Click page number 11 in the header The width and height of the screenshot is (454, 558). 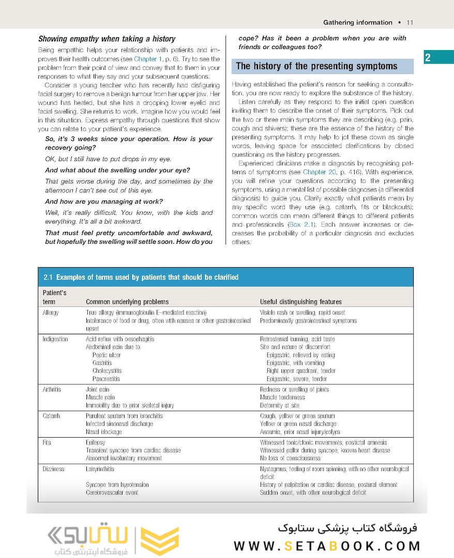point(410,23)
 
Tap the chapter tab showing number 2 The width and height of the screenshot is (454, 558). point(428,58)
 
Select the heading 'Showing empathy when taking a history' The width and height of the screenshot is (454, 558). point(107,39)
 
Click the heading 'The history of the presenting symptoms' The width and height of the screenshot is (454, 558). point(316,66)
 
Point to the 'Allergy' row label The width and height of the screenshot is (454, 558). point(51,313)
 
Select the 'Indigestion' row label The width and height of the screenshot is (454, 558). point(55,339)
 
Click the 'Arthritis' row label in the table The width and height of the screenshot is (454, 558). point(52,390)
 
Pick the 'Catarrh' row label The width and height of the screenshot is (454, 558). point(51,416)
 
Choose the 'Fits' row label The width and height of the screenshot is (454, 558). point(47,443)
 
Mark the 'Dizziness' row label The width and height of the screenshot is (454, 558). point(54,469)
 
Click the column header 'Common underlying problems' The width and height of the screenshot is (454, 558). point(127,302)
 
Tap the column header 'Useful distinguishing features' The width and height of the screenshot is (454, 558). point(300,302)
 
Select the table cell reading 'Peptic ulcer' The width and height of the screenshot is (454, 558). point(107,355)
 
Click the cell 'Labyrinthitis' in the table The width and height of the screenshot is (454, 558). point(100,469)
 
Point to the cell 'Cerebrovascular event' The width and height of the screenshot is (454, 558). point(112,493)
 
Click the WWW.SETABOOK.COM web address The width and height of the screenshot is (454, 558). point(327,546)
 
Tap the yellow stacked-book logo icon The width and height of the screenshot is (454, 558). point(159,541)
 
